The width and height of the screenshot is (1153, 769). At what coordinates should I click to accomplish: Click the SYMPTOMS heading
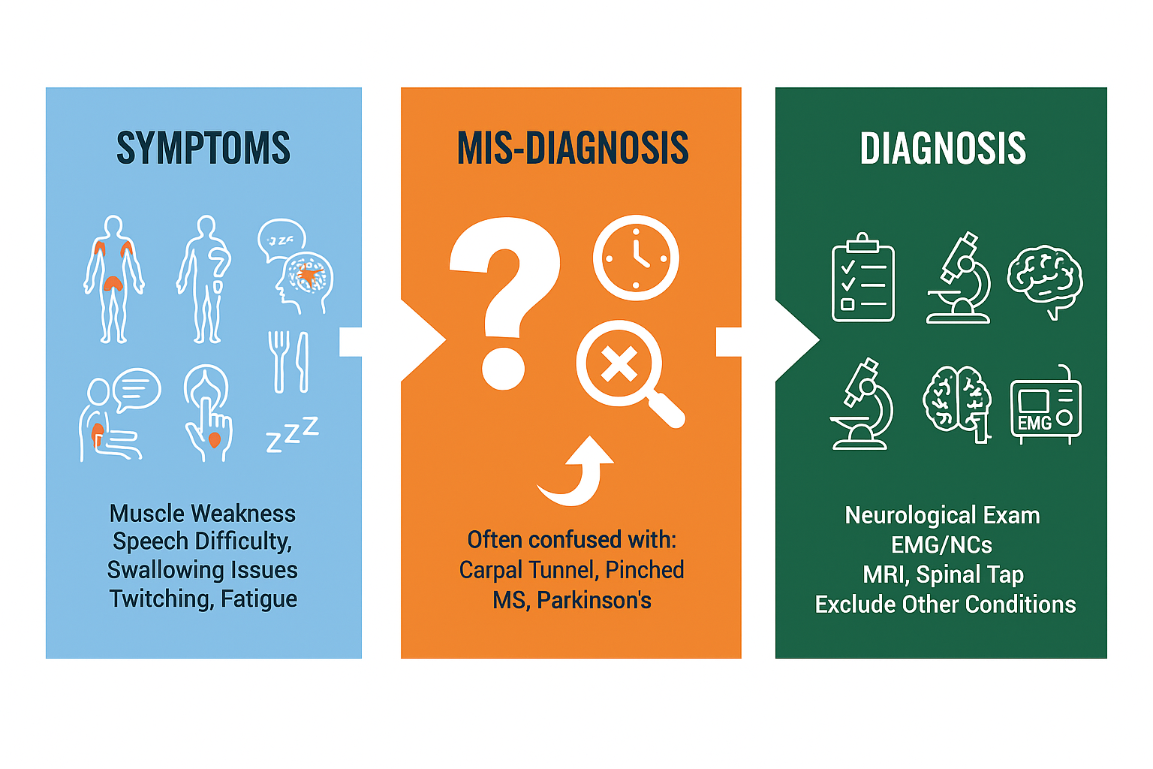[203, 148]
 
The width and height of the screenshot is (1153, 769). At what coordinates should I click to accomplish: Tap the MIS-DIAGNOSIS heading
[573, 148]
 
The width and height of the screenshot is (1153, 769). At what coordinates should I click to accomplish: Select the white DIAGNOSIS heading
[943, 148]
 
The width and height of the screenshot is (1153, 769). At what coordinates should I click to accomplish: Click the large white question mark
[504, 300]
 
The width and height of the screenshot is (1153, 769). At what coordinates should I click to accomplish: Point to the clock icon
[636, 258]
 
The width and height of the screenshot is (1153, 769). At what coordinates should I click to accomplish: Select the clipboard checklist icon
[863, 278]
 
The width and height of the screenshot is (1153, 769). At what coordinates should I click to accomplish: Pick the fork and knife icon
[288, 361]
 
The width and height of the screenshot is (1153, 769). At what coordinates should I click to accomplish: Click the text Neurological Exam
[942, 515]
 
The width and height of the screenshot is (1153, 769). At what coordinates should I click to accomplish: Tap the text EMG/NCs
[941, 544]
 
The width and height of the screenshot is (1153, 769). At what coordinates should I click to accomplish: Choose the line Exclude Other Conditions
[945, 605]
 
